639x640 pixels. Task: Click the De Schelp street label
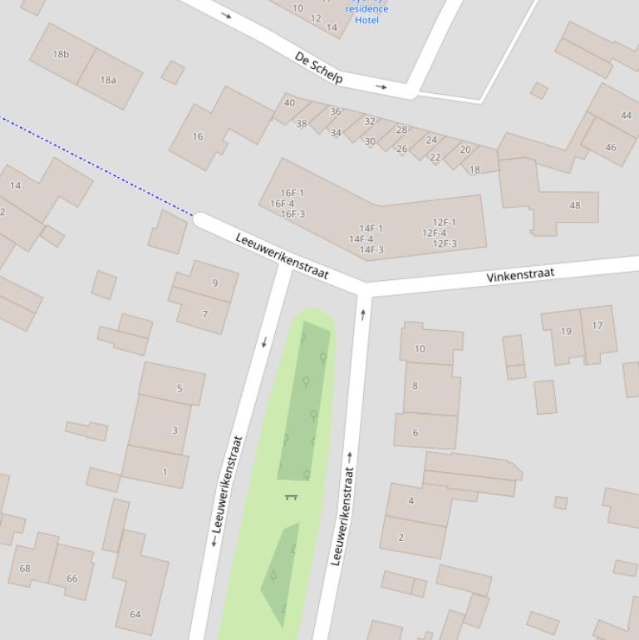[x=318, y=67]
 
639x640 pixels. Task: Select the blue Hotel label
[x=366, y=19]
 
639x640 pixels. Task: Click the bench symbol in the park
[x=291, y=497]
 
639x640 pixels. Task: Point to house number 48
[x=574, y=205]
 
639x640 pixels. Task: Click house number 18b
[x=61, y=55]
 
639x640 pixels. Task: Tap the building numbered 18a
[x=108, y=80]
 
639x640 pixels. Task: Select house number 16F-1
[x=292, y=193]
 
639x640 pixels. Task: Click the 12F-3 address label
[x=445, y=244]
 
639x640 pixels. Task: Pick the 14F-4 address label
[x=361, y=239]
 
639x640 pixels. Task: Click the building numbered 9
[x=214, y=283]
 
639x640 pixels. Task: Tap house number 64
[x=135, y=614]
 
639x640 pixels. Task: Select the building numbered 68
[x=25, y=569]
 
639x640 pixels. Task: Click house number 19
[x=566, y=331]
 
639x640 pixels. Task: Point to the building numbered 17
[x=597, y=325]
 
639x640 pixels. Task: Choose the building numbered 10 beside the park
[x=420, y=348]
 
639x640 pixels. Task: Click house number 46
[x=611, y=147]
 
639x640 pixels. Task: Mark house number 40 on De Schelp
[x=289, y=103]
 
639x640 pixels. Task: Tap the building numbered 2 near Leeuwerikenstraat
[x=401, y=537]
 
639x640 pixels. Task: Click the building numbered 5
[x=179, y=388]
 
